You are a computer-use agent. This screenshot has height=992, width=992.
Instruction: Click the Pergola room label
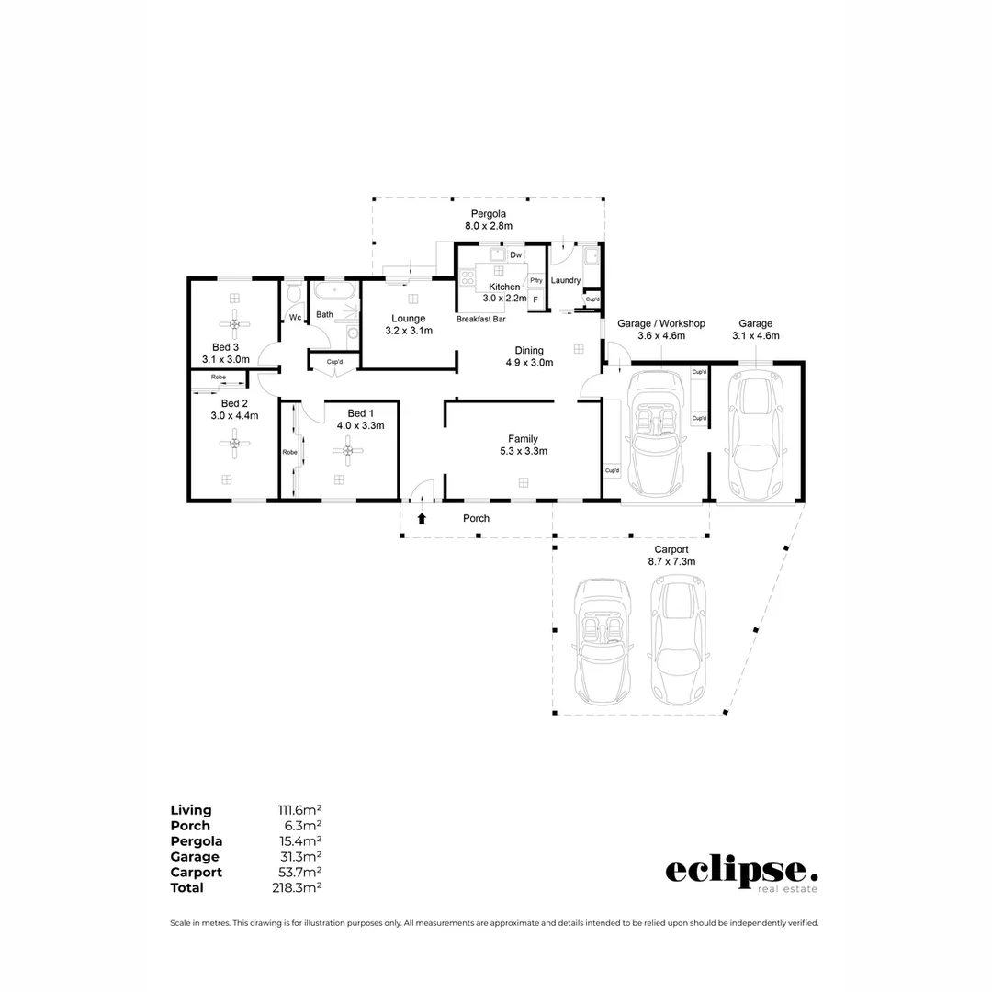point(488,214)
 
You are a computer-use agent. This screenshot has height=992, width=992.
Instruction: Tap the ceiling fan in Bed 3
point(235,323)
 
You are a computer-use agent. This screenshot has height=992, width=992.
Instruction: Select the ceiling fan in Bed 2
point(235,445)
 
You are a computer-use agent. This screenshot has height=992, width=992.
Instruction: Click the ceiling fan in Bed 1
point(348,450)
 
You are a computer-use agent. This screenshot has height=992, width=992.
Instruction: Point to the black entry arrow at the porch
point(422,519)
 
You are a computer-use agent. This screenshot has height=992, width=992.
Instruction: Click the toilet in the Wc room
point(294,293)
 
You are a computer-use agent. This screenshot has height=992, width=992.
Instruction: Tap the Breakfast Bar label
point(481,320)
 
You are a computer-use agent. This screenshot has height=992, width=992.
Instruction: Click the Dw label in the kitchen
point(515,254)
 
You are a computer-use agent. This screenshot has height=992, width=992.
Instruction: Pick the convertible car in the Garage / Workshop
point(656,437)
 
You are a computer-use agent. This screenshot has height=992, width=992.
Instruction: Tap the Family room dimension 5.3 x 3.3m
point(523,451)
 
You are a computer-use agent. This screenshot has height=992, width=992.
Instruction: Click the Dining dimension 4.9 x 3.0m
point(529,362)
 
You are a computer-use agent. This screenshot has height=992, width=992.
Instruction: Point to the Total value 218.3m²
point(299,888)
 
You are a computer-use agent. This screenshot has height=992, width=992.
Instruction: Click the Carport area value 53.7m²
point(299,873)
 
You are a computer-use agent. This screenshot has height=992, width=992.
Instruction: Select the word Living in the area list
point(191,810)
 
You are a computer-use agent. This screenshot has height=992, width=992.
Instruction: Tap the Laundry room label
point(566,280)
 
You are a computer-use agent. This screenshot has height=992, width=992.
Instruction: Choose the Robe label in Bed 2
point(219,378)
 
